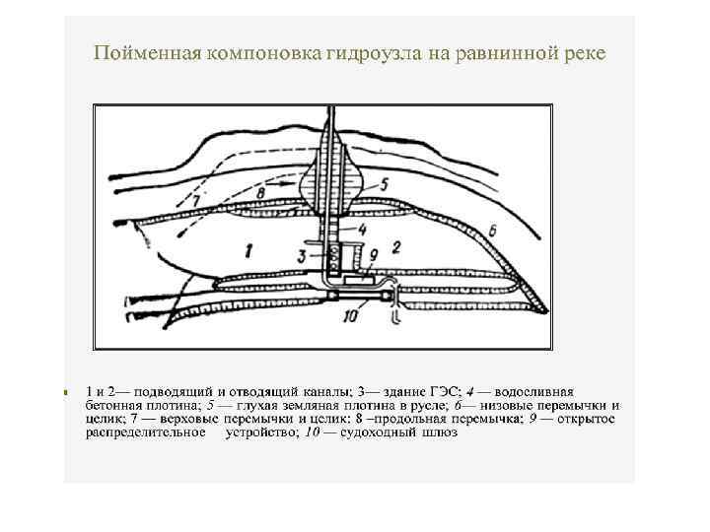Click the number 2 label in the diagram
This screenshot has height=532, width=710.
(x=396, y=247)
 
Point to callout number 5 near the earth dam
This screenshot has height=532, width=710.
(x=384, y=183)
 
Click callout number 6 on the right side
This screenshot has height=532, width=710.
(x=491, y=230)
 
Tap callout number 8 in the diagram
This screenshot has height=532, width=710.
(x=259, y=195)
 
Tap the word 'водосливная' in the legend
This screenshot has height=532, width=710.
(x=532, y=392)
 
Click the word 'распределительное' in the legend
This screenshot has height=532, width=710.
(x=146, y=432)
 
